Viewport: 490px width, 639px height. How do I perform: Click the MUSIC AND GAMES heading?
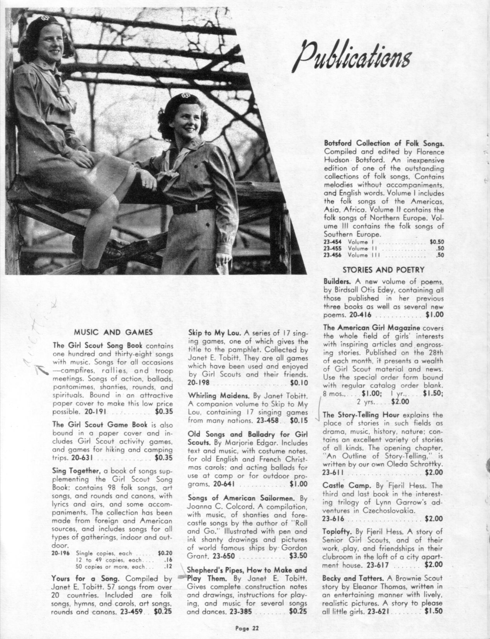coord(113,332)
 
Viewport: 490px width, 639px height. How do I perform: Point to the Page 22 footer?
coord(247,628)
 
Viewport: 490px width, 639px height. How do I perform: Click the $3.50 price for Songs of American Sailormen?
coord(298,556)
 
